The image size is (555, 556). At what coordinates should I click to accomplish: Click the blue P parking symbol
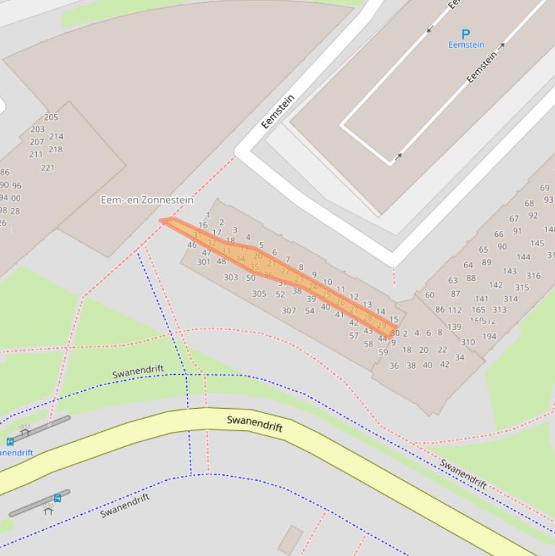(466, 34)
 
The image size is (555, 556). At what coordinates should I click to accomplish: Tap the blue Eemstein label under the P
(466, 45)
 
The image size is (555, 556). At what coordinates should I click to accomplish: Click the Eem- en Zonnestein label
(147, 200)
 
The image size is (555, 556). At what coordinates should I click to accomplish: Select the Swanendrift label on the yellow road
(255, 424)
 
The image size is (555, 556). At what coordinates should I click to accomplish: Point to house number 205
(51, 117)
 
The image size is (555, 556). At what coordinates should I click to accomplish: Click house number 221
(48, 168)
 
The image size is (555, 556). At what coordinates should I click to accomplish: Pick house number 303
(231, 277)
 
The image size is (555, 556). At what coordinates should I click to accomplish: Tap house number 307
(289, 310)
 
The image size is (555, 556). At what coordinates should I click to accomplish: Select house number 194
(489, 336)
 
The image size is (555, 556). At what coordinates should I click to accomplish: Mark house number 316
(533, 276)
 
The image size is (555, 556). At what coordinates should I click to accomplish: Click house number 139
(454, 327)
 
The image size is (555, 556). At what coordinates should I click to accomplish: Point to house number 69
(544, 188)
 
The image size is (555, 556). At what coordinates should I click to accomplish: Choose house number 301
(204, 261)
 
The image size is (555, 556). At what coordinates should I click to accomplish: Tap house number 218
(56, 149)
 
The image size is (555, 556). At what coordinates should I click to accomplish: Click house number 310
(468, 342)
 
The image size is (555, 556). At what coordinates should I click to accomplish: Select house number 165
(478, 310)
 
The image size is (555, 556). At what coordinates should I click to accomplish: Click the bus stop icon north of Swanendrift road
(10, 441)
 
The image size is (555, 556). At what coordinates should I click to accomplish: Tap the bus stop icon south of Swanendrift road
(57, 498)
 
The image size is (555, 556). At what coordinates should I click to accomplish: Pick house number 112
(455, 310)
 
